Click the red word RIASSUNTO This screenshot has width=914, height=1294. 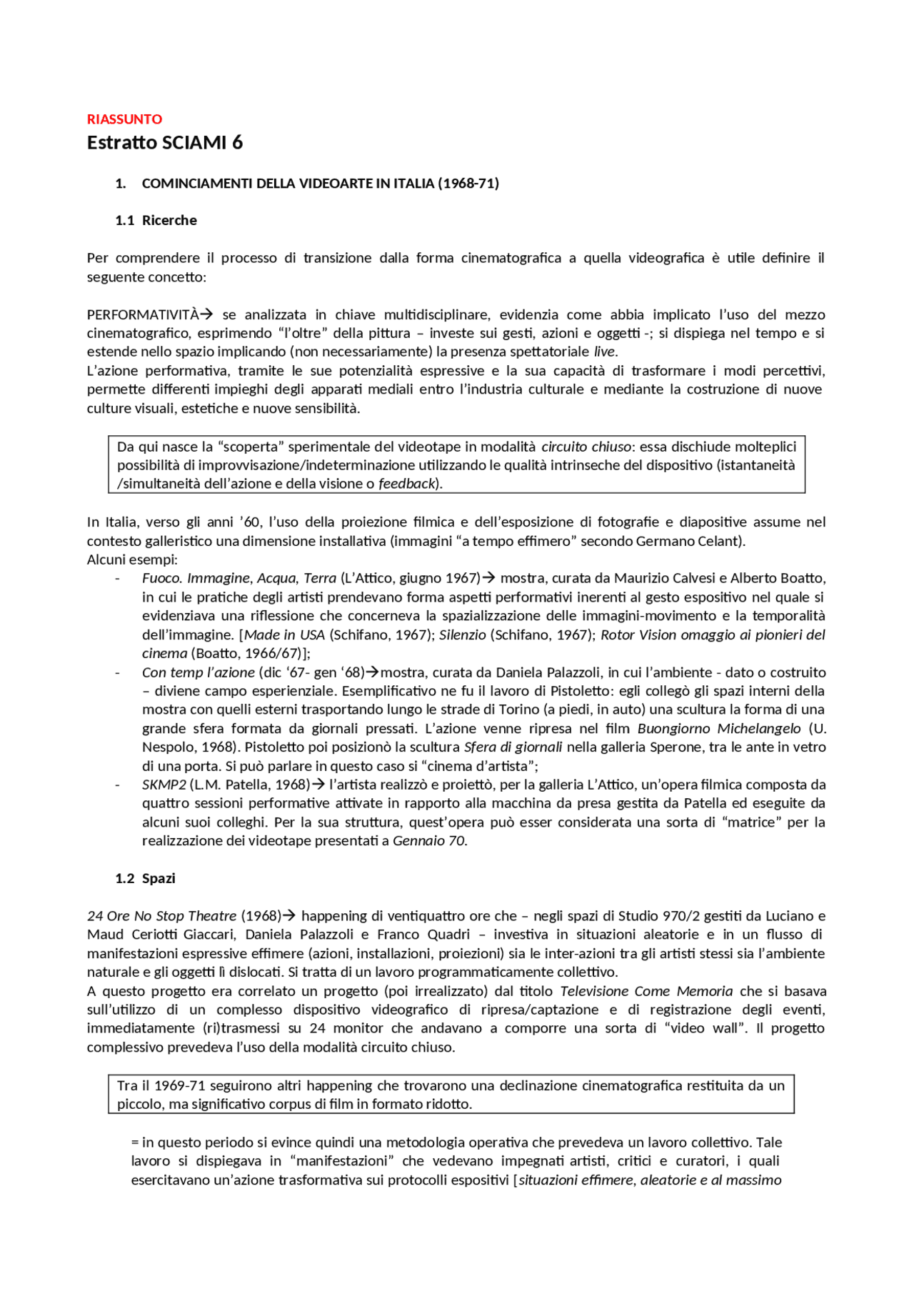[x=124, y=119]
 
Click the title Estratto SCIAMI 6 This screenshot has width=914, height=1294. [x=164, y=143]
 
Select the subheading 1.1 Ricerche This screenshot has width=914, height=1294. [x=156, y=220]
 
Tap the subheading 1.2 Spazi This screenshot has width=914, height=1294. [x=145, y=878]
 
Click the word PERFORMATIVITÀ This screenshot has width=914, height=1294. [x=142, y=314]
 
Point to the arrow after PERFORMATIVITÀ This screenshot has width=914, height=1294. [x=206, y=314]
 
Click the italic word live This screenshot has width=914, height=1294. [x=605, y=352]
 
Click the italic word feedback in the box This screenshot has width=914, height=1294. [x=407, y=484]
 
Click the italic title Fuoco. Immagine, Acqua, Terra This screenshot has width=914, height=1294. [x=238, y=578]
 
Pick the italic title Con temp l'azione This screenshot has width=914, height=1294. [x=198, y=672]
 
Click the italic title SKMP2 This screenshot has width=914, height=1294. [x=164, y=785]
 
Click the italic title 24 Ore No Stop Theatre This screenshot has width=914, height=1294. [x=161, y=916]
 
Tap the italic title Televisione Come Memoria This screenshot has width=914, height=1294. [x=646, y=991]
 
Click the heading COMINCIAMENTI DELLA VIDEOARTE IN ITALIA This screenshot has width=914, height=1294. [x=320, y=184]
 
